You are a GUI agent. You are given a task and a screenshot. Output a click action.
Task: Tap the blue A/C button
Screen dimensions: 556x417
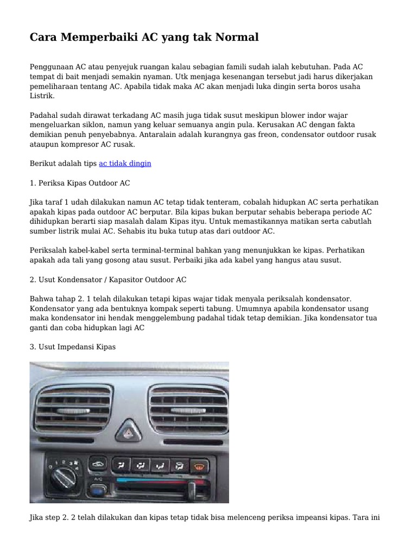tap(98, 491)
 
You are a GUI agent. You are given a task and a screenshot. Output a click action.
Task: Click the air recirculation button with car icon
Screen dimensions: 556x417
tap(98, 465)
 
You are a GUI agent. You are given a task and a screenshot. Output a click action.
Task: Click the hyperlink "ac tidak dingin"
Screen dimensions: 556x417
tap(125, 163)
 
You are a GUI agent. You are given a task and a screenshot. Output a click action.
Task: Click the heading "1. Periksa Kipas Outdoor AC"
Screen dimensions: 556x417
tap(80, 182)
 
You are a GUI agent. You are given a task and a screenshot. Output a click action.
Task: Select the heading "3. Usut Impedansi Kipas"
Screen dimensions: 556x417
tap(73, 346)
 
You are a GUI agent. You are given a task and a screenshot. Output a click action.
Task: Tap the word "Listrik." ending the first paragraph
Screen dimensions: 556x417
tap(42, 96)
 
